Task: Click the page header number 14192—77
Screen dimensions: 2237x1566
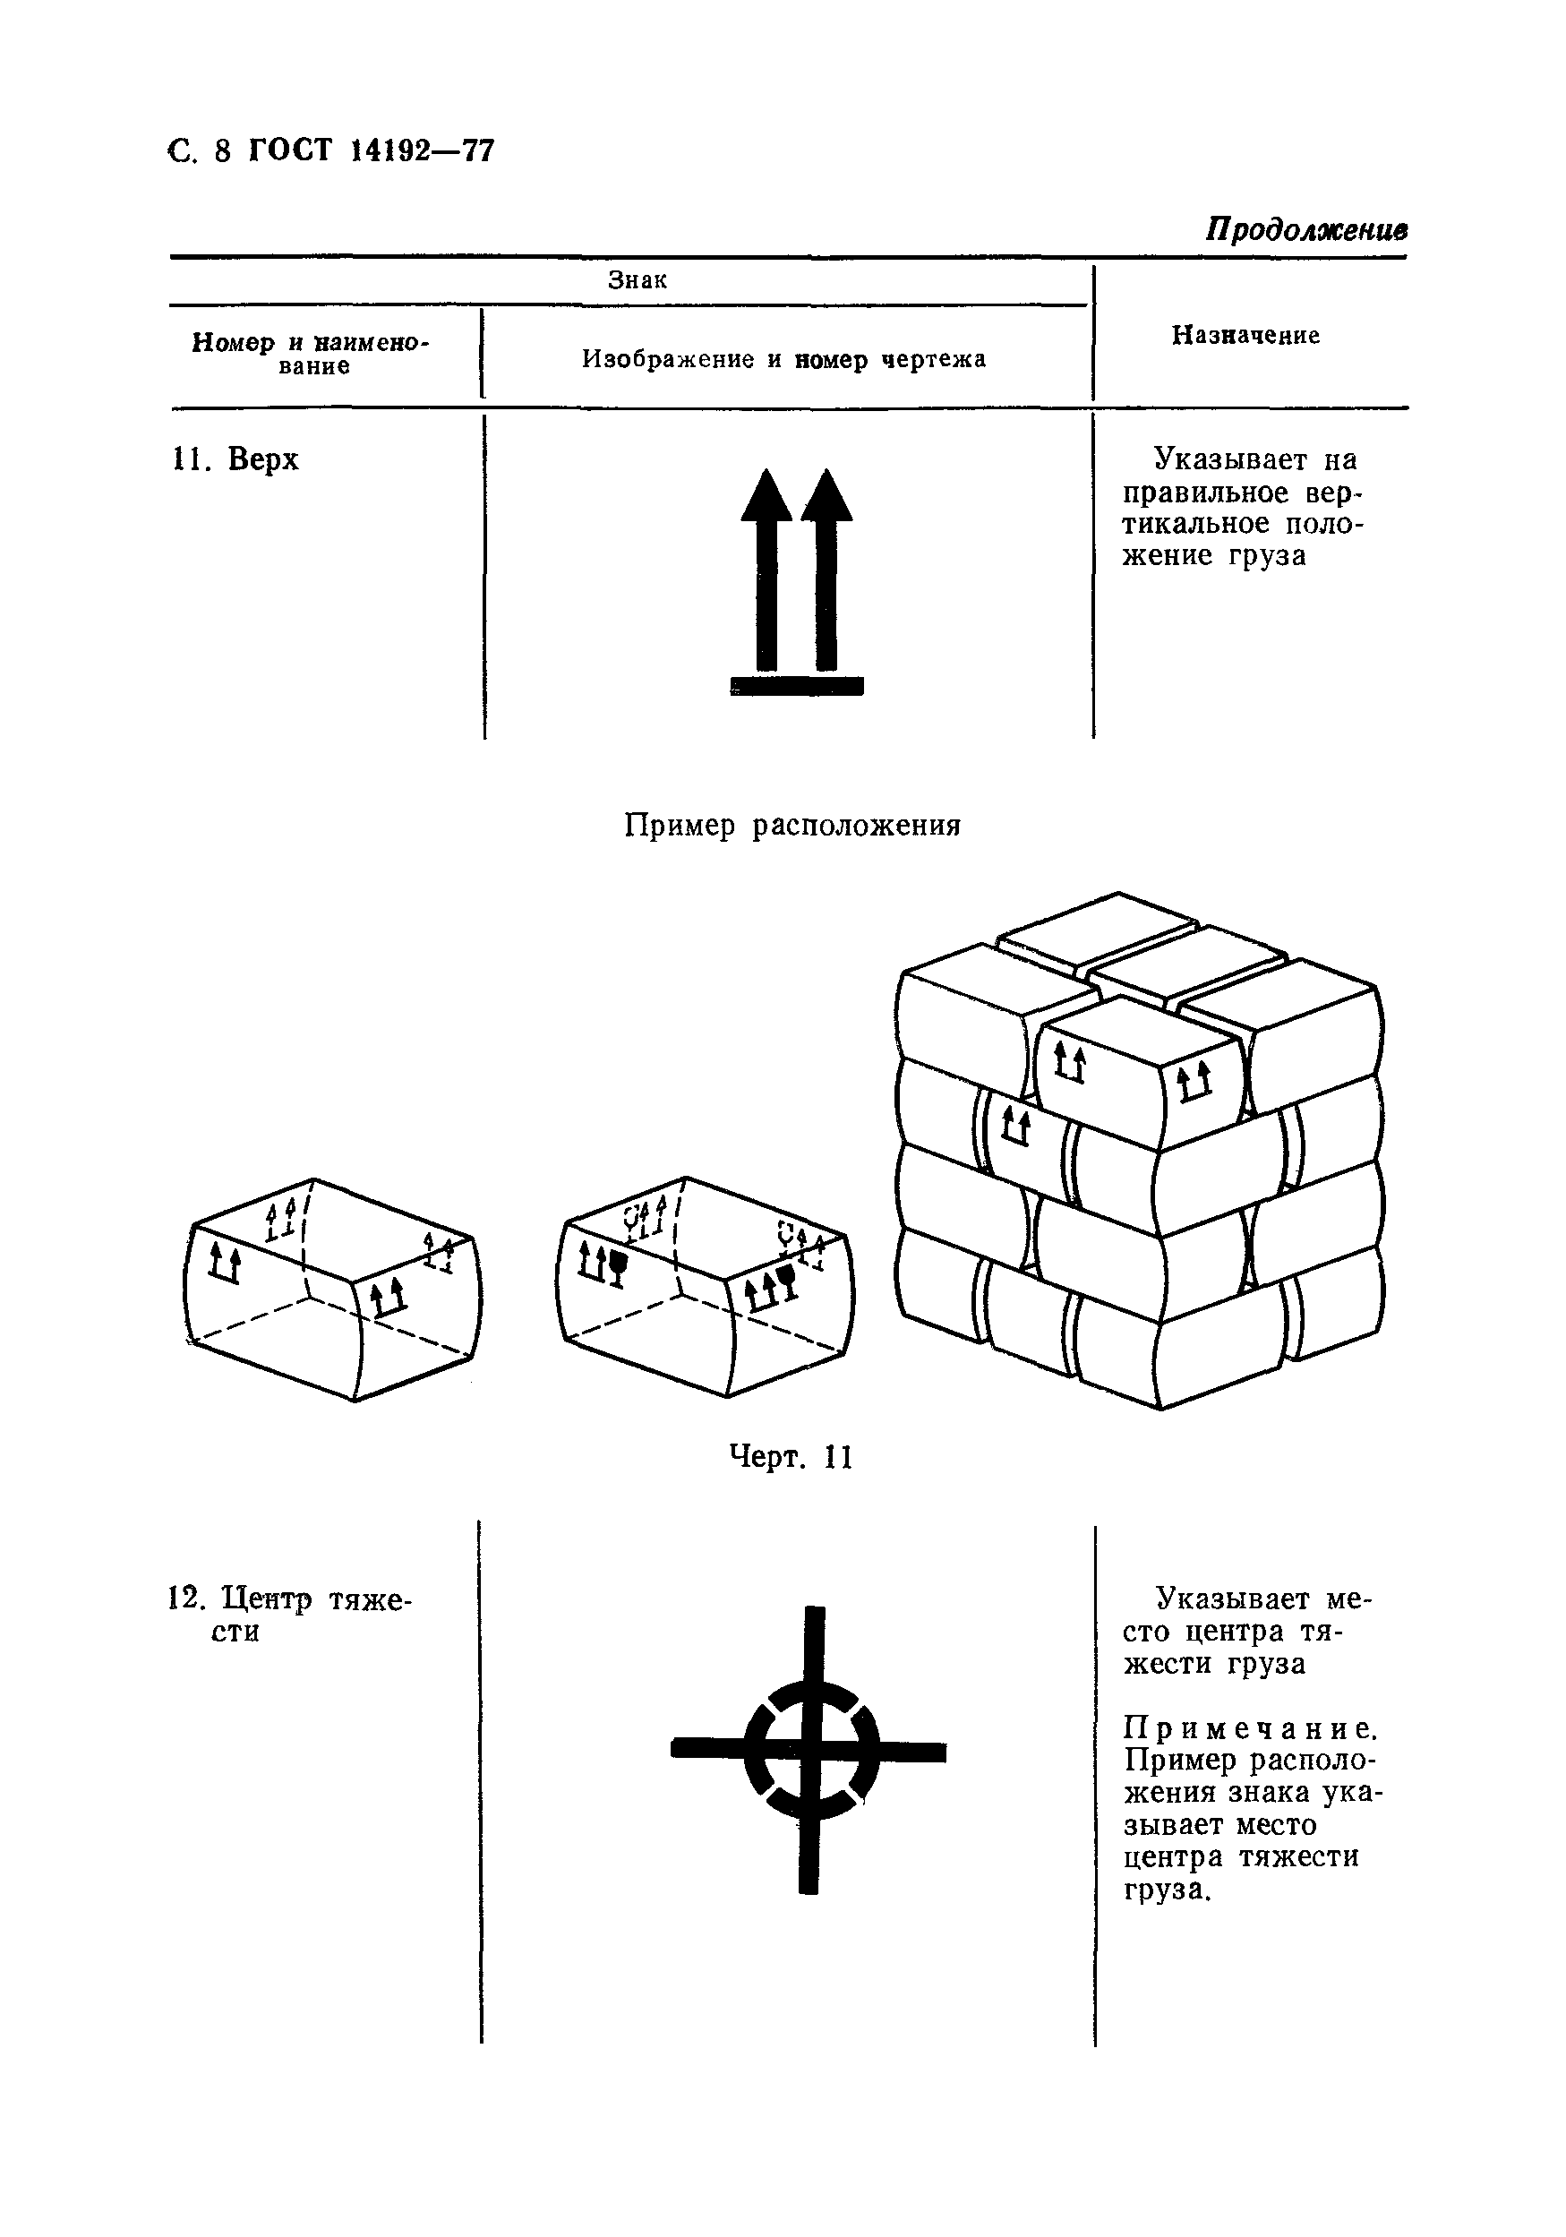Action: pyautogui.click(x=422, y=151)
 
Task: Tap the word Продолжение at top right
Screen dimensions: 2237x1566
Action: pyautogui.click(x=1305, y=229)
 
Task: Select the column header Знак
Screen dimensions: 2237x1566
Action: pyautogui.click(x=637, y=280)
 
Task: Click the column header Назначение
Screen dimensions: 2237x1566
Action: pyautogui.click(x=1245, y=335)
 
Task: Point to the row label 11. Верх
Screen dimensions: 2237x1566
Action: pyautogui.click(x=235, y=459)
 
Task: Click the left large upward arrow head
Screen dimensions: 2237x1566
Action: pyautogui.click(x=766, y=495)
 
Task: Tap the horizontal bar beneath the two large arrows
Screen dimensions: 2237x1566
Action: pyautogui.click(x=797, y=686)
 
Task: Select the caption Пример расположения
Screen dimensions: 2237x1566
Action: pyautogui.click(x=792, y=827)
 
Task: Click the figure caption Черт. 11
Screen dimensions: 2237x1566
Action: pyautogui.click(x=791, y=1458)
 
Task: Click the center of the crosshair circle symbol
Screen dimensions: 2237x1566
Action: pyautogui.click(x=810, y=1750)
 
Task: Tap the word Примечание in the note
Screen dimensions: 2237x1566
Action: pyautogui.click(x=1251, y=1728)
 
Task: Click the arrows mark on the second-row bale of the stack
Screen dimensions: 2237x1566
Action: pyautogui.click(x=1015, y=1127)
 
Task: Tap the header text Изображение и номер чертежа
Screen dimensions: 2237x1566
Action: pyautogui.click(x=784, y=359)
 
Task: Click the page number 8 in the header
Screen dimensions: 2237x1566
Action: pyautogui.click(x=222, y=152)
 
